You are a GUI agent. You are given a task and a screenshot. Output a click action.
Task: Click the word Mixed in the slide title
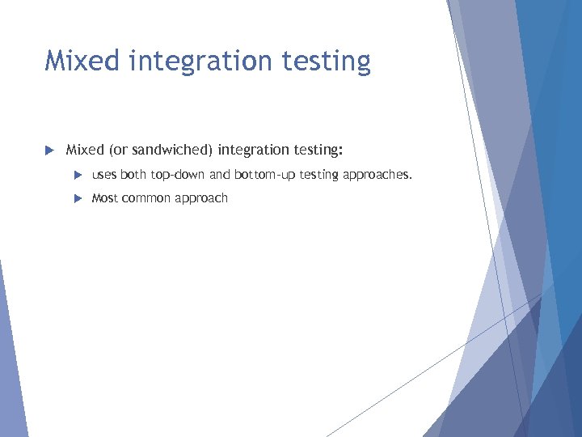80,61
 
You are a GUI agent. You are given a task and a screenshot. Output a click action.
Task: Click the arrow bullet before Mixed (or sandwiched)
48,150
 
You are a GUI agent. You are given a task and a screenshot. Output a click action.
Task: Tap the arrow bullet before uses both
78,175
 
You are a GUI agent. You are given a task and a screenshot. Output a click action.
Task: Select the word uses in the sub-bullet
105,175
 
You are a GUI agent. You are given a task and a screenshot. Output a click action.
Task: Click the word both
133,175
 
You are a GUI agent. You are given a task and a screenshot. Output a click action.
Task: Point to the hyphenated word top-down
178,175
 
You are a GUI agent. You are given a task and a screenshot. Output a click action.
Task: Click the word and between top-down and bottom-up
220,175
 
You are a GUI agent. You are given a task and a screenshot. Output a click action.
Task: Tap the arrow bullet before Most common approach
78,198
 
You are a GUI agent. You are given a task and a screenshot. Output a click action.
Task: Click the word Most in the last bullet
105,198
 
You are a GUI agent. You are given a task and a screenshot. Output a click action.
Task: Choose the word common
145,198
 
